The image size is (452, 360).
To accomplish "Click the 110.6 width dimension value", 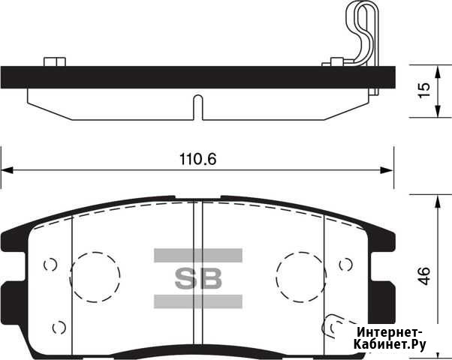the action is pos(197,159).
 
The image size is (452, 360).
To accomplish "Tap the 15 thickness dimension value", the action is pos(424,90).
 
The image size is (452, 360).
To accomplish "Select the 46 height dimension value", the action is pos(424,276).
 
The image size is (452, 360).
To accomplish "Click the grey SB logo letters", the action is pos(198,278).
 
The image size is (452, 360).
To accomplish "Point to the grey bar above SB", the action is pos(198,256).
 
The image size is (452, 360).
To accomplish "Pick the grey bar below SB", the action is pos(198,301).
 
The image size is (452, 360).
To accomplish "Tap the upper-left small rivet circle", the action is pos(50,265).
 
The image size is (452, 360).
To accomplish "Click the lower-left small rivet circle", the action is pos(59,328).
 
